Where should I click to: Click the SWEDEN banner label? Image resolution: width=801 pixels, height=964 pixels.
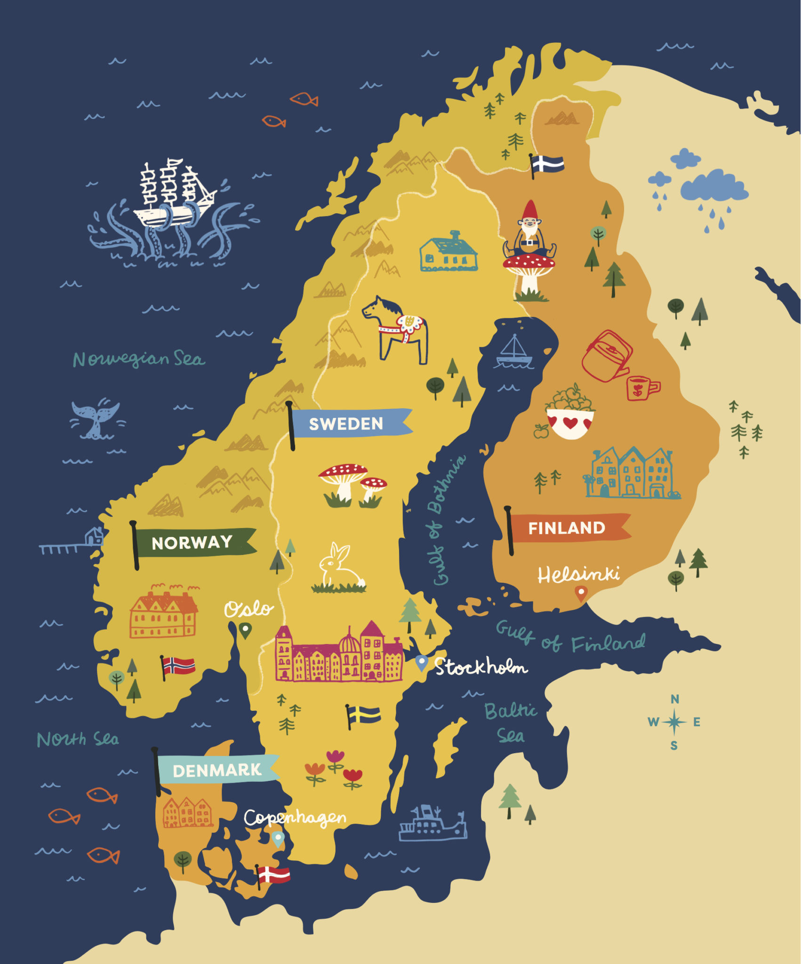pyautogui.click(x=346, y=424)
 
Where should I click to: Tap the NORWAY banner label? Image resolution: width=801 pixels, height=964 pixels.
pyautogui.click(x=192, y=542)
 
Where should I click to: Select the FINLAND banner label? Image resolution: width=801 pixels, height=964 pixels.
pyautogui.click(x=567, y=528)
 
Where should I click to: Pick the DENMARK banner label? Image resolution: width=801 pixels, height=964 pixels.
pyautogui.click(x=217, y=771)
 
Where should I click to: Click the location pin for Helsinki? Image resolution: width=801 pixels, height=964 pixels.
pyautogui.click(x=581, y=592)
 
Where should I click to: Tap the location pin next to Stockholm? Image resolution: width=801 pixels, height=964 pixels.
pyautogui.click(x=422, y=662)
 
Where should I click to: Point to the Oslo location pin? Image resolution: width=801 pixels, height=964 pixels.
pyautogui.click(x=245, y=629)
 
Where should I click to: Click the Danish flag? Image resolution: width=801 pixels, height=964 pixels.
pyautogui.click(x=274, y=875)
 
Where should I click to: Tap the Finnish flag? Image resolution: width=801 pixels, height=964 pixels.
pyautogui.click(x=548, y=164)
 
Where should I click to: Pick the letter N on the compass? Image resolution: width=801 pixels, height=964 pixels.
pyautogui.click(x=674, y=699)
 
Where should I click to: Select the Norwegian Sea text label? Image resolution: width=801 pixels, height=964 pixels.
pyautogui.click(x=139, y=359)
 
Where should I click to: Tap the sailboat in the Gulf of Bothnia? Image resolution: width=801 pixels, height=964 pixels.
pyautogui.click(x=514, y=353)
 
